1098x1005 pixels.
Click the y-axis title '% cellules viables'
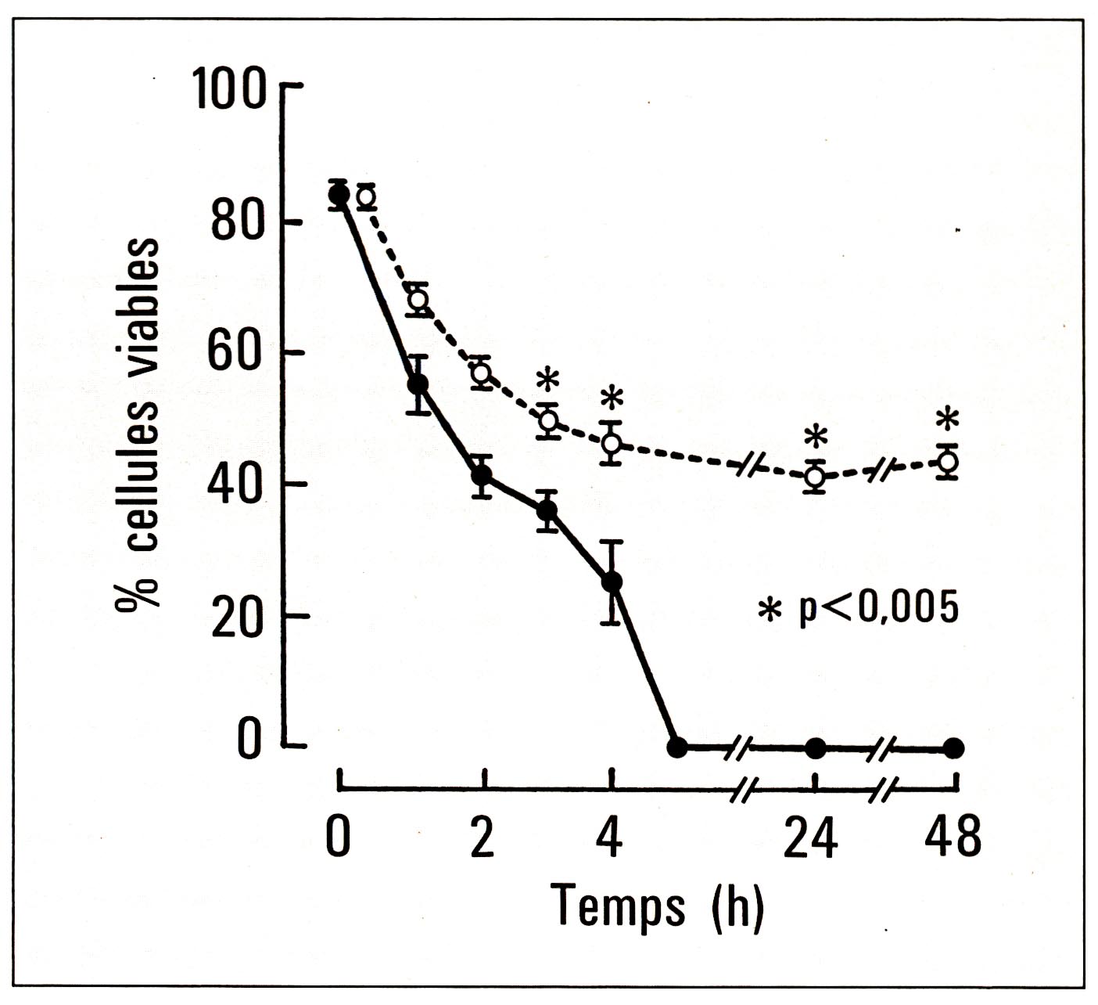click(x=140, y=423)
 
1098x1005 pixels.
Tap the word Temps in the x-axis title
click(x=618, y=906)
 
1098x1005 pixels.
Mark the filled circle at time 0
click(x=339, y=193)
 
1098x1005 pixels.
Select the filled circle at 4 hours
click(x=613, y=582)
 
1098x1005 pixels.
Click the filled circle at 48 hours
click(x=953, y=747)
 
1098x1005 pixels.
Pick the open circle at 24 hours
click(x=816, y=475)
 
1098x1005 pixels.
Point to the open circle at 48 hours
click(x=948, y=461)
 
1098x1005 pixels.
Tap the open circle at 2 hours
click(x=482, y=373)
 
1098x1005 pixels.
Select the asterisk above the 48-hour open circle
click(x=948, y=420)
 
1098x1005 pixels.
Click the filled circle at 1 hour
click(x=418, y=384)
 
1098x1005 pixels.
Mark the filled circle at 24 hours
click(x=816, y=747)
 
